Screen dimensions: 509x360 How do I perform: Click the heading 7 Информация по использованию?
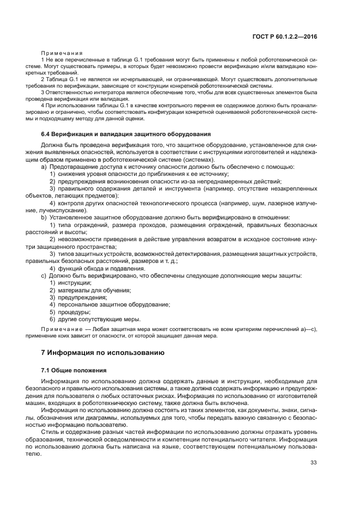coord(102,352)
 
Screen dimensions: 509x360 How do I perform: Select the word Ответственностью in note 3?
coord(69,93)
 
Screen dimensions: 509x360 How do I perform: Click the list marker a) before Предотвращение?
coord(44,167)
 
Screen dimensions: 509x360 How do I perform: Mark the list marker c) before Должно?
coord(44,275)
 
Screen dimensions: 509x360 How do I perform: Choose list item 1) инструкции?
coord(71,283)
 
